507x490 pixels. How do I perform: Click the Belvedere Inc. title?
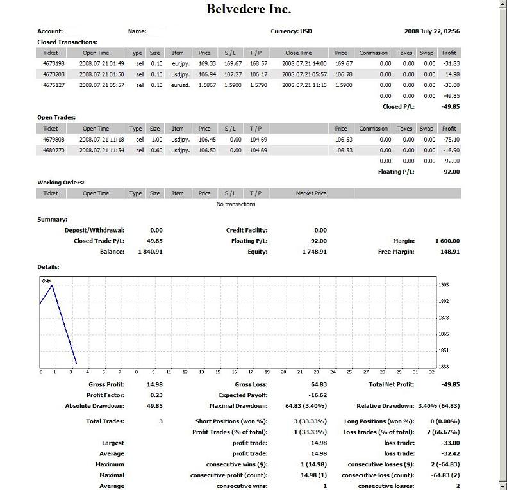249,10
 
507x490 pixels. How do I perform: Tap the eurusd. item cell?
178,85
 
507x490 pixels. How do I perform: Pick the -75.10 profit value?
451,140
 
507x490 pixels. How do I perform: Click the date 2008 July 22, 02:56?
432,31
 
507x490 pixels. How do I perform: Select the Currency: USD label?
292,31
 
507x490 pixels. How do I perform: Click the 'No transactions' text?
236,204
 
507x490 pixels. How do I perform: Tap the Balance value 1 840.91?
150,252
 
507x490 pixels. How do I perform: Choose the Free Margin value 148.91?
447,252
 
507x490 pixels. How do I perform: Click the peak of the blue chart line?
52,286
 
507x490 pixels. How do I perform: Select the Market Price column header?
312,193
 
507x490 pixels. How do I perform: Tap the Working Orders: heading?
61,183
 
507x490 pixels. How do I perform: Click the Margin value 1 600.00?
447,241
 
